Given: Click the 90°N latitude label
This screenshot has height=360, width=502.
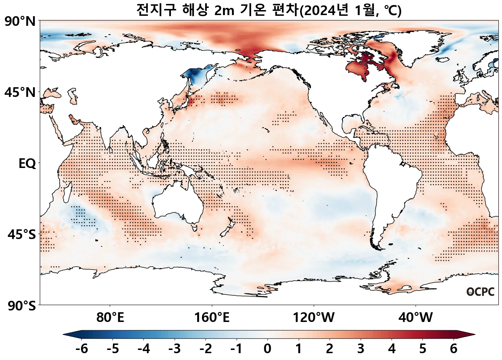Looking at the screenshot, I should click(x=20, y=22).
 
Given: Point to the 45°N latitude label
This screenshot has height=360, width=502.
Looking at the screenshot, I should click(x=20, y=93).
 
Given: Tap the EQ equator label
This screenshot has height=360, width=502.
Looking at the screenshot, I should click(x=27, y=164).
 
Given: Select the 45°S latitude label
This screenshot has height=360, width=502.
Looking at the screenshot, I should click(x=22, y=235).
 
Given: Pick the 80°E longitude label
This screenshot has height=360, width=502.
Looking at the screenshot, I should click(x=110, y=318).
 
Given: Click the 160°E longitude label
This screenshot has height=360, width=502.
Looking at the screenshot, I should click(x=212, y=318).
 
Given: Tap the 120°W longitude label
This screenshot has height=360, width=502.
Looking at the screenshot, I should click(x=314, y=318).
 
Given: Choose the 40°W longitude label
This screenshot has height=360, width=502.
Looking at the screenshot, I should click(x=416, y=318).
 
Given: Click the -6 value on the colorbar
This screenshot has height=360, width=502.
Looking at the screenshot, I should click(x=82, y=349).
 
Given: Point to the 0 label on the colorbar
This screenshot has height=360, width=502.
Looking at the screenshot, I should click(x=267, y=349).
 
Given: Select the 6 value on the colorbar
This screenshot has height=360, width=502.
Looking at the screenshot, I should click(x=454, y=349).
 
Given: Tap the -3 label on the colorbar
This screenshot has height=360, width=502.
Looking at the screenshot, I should click(x=175, y=349).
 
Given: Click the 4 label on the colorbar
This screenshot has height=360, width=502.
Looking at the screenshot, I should click(x=392, y=349).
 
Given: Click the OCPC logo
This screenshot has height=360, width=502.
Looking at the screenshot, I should click(x=480, y=292).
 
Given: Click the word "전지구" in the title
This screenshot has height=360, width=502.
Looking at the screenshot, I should click(x=156, y=10).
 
